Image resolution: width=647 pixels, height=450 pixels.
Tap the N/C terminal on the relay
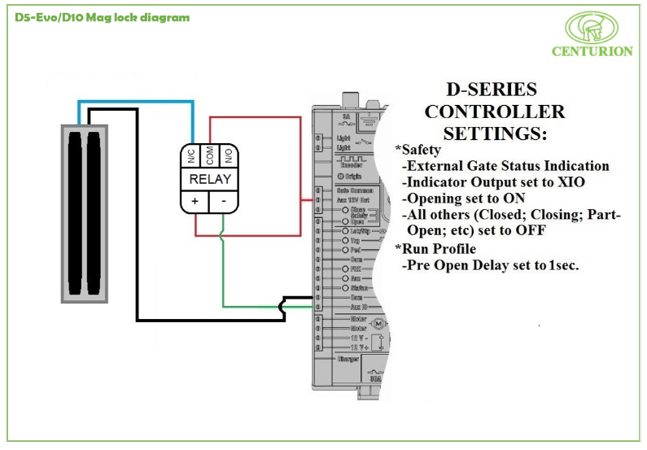pos(190,155)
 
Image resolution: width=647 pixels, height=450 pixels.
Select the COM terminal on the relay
pos(209,155)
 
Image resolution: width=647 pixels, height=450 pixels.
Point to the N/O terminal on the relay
pos(229,155)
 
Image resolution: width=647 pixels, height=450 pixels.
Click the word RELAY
pos(210,179)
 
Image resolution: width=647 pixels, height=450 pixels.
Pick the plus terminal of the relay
pos(195,200)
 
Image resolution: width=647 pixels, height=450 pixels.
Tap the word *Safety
pos(418,150)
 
